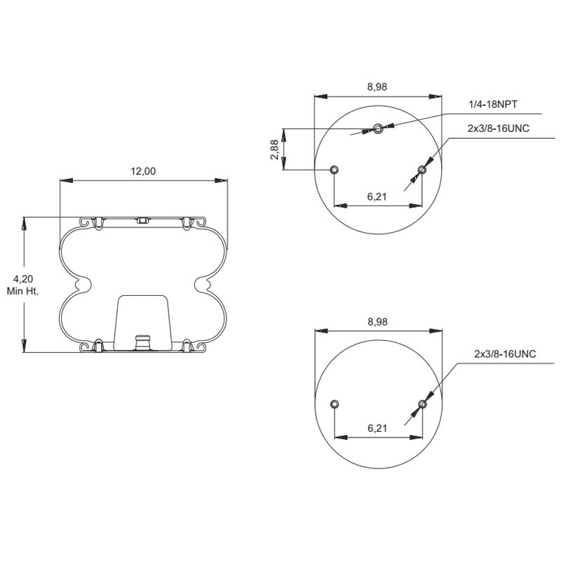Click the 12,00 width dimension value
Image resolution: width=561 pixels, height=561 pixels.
pyautogui.click(x=144, y=171)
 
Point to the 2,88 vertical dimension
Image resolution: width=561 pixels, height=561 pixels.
pyautogui.click(x=275, y=149)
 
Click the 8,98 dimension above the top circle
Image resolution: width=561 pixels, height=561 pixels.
pyautogui.click(x=377, y=87)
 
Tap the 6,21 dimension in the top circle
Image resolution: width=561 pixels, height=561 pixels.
pyautogui.click(x=377, y=196)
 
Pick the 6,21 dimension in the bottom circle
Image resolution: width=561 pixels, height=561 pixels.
pyautogui.click(x=377, y=428)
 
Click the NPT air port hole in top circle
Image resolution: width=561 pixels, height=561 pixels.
pyautogui.click(x=378, y=128)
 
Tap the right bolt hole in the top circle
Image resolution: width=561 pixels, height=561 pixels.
pyautogui.click(x=421, y=170)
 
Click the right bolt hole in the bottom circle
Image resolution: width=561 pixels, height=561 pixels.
pyautogui.click(x=421, y=404)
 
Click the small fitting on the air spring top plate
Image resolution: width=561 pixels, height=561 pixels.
pyautogui.click(x=142, y=220)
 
